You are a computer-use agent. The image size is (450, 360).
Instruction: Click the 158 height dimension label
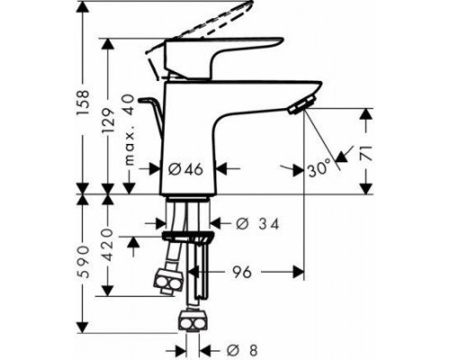tap(83, 102)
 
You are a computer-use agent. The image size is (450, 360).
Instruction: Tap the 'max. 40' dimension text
tap(129, 130)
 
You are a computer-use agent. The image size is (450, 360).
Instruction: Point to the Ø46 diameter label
tap(185, 170)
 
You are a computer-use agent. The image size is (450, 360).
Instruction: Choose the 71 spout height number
tap(366, 153)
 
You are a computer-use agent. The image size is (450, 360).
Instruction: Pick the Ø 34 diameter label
tap(257, 224)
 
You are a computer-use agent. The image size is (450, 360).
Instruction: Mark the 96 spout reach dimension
tap(242, 273)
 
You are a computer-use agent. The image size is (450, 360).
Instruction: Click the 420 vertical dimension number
tap(107, 245)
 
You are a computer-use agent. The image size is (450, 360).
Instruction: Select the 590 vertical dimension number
tap(83, 261)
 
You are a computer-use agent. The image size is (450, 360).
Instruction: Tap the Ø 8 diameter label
tap(242, 350)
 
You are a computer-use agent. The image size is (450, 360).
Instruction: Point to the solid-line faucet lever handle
tap(222, 58)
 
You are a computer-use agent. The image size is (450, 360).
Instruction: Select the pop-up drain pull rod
tap(151, 115)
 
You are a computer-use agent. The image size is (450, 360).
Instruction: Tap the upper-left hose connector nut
tap(168, 282)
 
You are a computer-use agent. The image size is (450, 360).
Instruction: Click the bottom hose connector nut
tap(193, 321)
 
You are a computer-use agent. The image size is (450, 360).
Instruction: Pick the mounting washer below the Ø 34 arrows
tap(188, 236)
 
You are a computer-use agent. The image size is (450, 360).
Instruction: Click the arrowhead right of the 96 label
tap(299, 272)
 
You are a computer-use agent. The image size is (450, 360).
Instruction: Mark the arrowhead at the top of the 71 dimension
tap(366, 115)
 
